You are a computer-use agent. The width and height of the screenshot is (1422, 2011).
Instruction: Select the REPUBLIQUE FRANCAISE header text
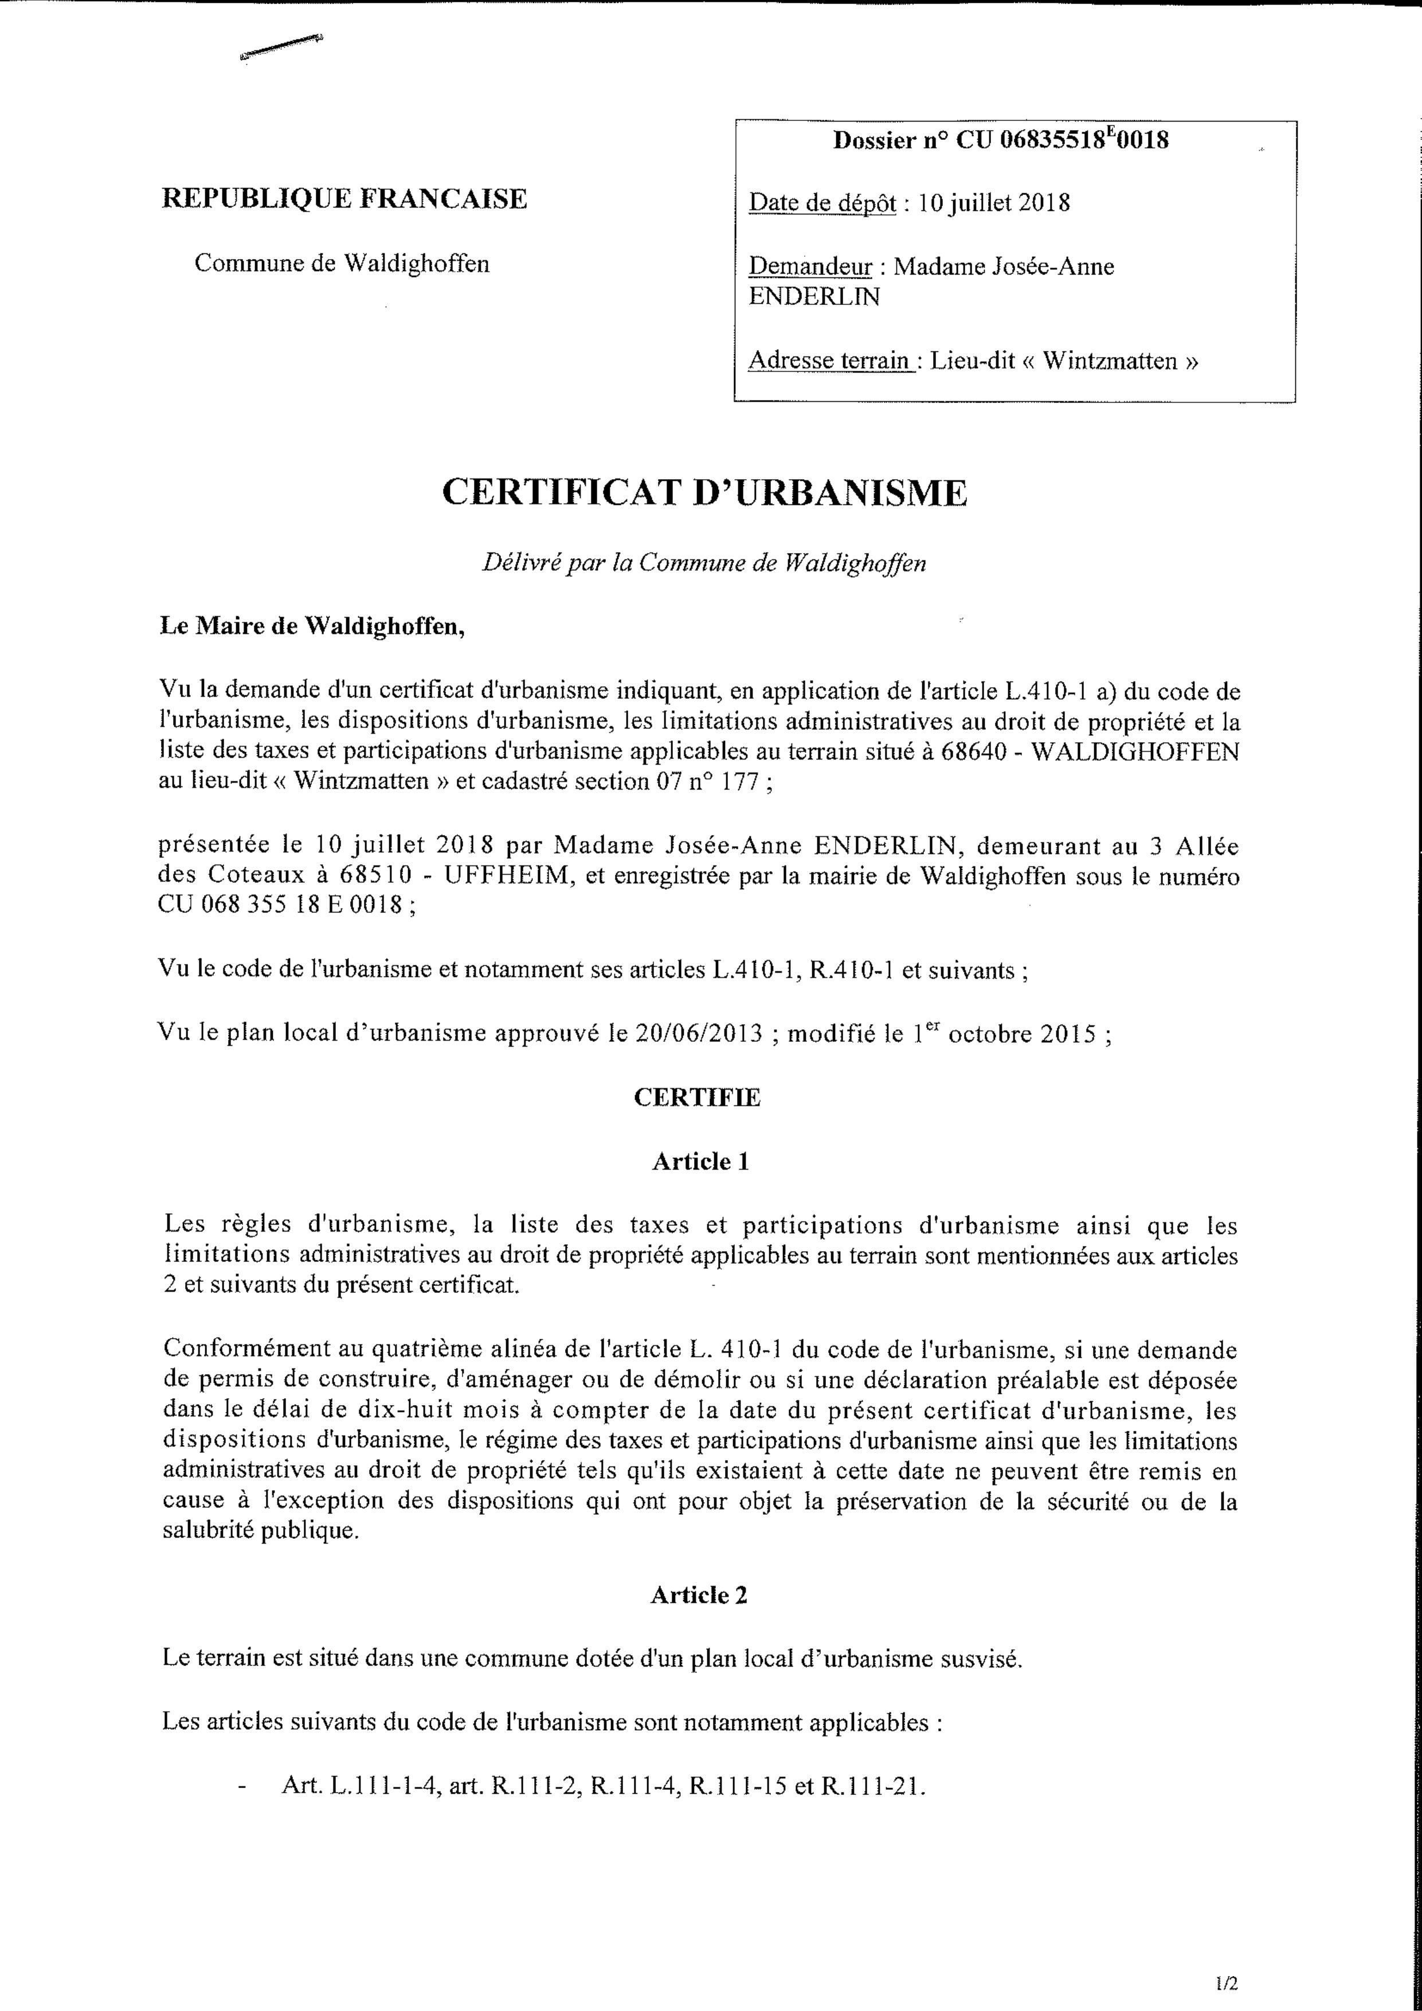pos(344,199)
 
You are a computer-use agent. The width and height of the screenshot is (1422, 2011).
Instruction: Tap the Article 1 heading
pos(700,1162)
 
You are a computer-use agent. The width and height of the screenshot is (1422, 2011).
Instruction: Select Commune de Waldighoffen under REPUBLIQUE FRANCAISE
pos(342,264)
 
